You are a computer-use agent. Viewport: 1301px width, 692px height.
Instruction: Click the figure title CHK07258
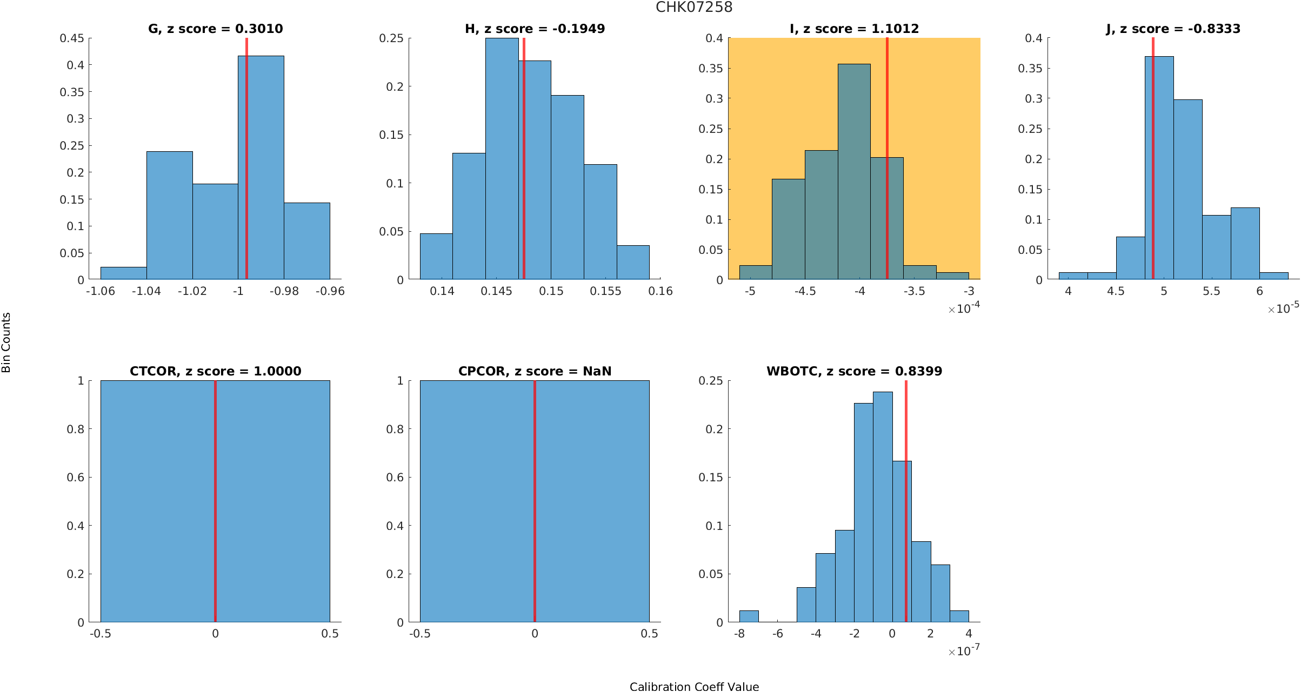tap(694, 7)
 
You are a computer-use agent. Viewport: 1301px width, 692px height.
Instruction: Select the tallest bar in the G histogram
tap(261, 167)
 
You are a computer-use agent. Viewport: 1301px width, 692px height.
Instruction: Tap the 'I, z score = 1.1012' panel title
tap(854, 29)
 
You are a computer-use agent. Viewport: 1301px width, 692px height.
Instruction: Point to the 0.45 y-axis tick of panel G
tap(72, 38)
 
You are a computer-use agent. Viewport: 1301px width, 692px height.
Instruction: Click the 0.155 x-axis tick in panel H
tap(605, 291)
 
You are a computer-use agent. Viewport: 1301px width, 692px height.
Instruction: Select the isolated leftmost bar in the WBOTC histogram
tap(749, 616)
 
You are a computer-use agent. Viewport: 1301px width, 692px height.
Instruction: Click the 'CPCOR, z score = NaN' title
tap(535, 371)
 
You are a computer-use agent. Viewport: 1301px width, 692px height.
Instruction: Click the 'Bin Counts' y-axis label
tap(6, 342)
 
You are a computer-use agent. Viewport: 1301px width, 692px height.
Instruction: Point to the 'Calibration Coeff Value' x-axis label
tap(694, 687)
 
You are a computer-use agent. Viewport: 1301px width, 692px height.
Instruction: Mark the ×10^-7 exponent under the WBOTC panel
tap(964, 651)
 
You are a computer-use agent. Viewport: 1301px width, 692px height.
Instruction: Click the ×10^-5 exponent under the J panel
tap(1283, 308)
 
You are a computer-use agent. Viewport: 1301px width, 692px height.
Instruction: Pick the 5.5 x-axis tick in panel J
tap(1211, 291)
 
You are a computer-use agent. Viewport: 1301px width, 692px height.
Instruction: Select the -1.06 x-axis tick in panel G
tap(101, 291)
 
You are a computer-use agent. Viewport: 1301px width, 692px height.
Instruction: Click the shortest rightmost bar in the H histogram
tap(633, 263)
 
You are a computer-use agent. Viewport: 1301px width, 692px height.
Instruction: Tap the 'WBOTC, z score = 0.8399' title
tap(854, 371)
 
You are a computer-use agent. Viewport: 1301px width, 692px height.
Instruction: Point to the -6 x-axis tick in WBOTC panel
tap(778, 634)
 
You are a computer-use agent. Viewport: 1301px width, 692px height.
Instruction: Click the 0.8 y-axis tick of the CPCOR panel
tap(396, 429)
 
